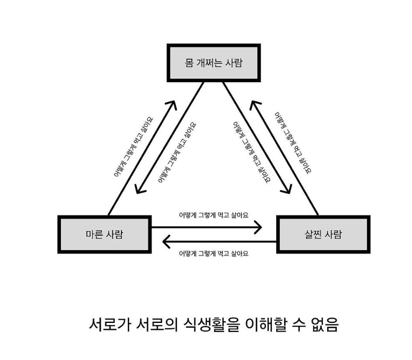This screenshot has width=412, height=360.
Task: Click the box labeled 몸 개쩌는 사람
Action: (214, 63)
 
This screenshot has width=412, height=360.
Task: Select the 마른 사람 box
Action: (104, 234)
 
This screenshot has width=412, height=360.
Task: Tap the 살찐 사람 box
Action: (323, 235)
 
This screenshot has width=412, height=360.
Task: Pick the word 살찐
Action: (312, 235)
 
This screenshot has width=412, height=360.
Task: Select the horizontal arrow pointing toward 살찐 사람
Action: (207, 227)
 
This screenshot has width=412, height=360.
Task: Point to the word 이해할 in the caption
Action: (278, 325)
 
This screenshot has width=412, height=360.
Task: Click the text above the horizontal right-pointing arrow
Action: (213, 214)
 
